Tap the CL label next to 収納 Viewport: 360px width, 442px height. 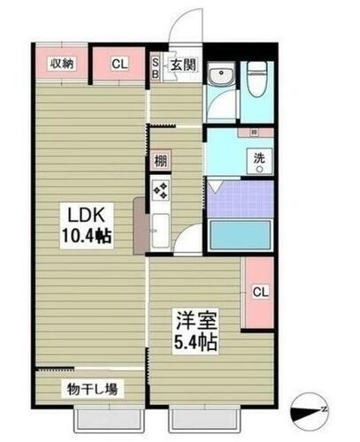(x=119, y=63)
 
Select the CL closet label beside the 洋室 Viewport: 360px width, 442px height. (x=260, y=292)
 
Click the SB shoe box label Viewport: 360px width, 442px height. (x=156, y=67)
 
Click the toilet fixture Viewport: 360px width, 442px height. (x=257, y=80)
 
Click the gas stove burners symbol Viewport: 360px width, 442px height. (x=160, y=190)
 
